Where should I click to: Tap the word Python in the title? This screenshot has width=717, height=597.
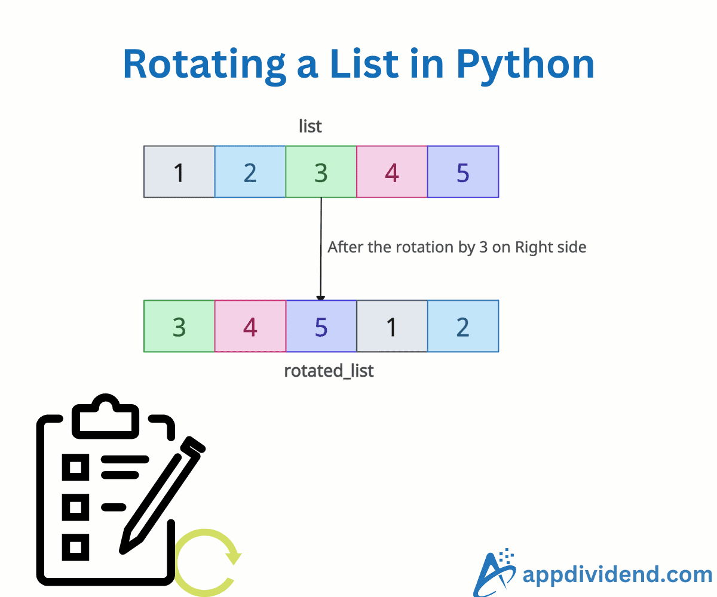525,64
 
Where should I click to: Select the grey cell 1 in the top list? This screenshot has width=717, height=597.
179,172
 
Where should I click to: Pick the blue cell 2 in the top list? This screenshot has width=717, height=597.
250,172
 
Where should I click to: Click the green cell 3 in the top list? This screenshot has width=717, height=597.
321,172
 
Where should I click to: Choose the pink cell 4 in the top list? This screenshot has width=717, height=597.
392,172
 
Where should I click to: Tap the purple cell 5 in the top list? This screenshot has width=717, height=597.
463,172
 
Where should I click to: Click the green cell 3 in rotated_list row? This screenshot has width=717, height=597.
179,327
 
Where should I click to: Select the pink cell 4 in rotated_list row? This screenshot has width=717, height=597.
250,327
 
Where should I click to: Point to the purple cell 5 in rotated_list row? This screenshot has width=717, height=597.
321,327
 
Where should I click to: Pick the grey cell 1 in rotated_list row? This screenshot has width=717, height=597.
392,327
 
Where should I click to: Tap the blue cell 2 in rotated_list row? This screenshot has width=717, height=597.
463,327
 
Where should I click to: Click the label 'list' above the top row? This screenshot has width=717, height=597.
310,127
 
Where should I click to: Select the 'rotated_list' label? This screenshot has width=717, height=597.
329,371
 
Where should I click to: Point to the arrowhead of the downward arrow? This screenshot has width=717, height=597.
321,297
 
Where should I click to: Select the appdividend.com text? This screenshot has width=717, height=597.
617,575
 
